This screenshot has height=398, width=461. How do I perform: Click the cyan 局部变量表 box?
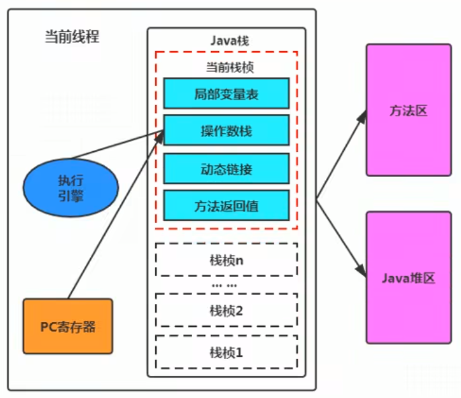click(x=226, y=93)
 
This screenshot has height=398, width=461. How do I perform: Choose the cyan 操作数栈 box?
click(x=226, y=130)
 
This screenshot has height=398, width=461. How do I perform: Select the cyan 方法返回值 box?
click(x=226, y=205)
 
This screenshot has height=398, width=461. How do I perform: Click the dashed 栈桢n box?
click(x=226, y=260)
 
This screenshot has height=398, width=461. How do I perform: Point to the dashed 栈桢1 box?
click(x=226, y=351)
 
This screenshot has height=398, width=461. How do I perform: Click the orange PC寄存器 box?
click(x=67, y=327)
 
